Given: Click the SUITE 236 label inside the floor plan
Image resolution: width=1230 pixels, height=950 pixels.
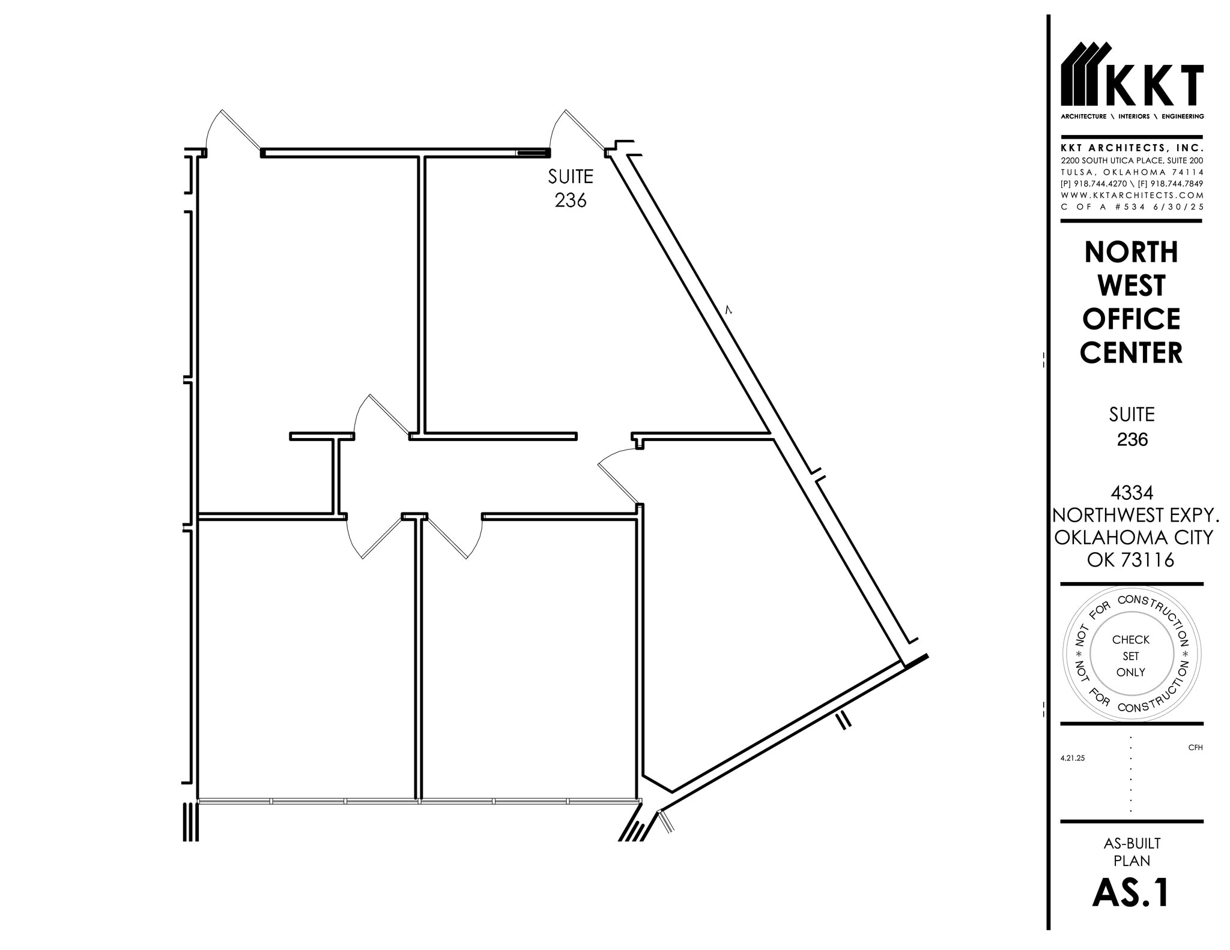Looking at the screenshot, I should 570,188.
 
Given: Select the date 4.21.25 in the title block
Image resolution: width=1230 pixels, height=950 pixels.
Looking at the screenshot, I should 1073,758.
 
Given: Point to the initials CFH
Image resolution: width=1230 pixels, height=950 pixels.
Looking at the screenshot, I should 1195,747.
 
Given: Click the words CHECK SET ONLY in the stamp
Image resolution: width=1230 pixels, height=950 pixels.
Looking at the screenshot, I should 1131,656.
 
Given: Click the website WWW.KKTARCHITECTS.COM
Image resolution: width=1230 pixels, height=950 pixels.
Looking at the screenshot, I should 1132,195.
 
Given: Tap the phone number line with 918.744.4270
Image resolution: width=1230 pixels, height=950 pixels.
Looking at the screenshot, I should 1132,184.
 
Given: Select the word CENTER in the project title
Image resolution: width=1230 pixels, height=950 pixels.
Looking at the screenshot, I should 1131,353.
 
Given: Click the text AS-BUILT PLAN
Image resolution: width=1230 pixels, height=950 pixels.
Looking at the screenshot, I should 1132,852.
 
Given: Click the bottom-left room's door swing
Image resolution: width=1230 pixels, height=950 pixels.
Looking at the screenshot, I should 370,537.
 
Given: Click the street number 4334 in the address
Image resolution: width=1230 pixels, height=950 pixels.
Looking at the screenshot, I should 1132,493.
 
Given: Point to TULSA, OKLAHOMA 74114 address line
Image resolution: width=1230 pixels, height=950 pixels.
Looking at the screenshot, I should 1132,172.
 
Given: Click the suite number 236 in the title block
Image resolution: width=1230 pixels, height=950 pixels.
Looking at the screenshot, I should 1132,440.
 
